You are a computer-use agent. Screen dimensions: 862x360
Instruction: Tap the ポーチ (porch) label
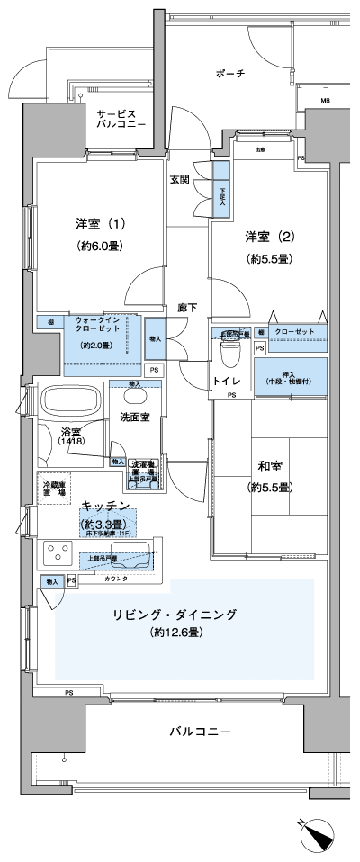coord(229,74)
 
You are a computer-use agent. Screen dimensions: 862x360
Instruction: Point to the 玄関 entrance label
coord(180,179)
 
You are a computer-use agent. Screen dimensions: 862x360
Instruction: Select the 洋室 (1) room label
coord(100,222)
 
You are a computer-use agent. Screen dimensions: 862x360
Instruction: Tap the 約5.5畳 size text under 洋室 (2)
coord(266,258)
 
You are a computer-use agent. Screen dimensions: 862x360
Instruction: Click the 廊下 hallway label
coord(187,307)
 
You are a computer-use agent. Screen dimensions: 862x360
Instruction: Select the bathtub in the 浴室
coord(70,400)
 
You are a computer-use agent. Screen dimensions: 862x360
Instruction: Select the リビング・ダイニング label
coord(175,615)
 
